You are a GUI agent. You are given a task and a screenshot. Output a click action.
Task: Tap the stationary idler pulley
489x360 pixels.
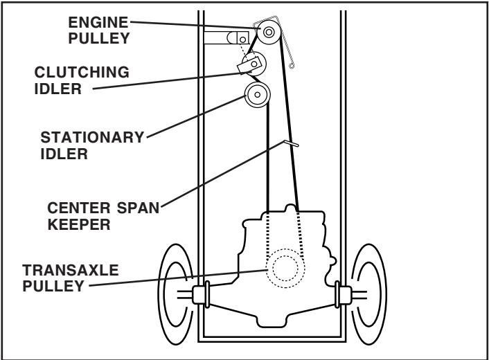coord(256,95)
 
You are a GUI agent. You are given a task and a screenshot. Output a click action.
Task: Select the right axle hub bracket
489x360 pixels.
coord(341,294)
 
